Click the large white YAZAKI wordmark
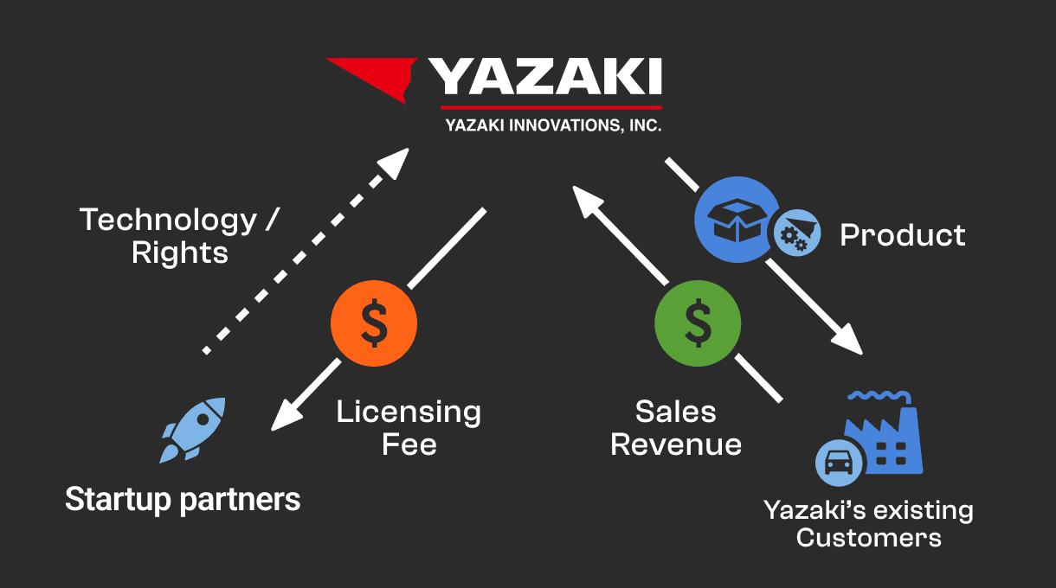coord(545,76)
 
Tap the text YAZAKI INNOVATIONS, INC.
coord(553,125)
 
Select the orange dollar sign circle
coord(374,323)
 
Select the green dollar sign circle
coord(698,323)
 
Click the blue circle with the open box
coord(737,220)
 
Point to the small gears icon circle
coord(797,233)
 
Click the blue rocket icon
coord(192,430)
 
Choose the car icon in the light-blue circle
coord(839,463)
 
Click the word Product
coord(902,235)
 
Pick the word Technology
coord(168,220)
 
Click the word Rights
coord(180,252)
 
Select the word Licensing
coord(409,412)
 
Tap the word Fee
coord(409,444)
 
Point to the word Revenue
coord(676,444)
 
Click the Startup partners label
coord(183,500)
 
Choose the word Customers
coord(869,538)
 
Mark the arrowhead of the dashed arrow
coord(394,163)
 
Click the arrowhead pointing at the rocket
coord(287,415)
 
